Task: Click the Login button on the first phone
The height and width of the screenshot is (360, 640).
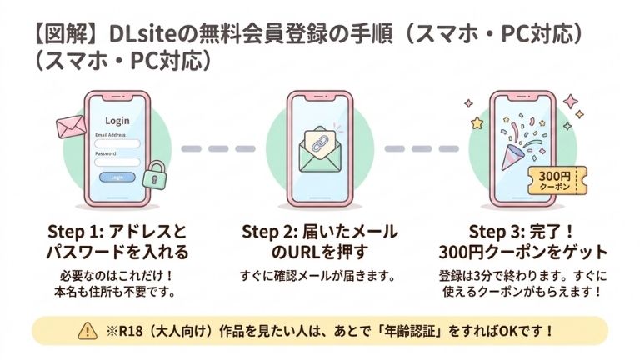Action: click(117, 177)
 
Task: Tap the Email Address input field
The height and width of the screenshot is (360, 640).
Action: click(117, 143)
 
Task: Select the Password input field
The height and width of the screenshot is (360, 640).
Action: click(117, 162)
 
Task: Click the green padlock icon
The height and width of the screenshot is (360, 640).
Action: click(155, 177)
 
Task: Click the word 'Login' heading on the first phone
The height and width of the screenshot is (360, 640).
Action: click(117, 121)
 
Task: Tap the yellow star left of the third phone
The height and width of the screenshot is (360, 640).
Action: click(477, 123)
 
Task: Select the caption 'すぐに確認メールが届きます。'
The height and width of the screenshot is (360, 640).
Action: click(319, 276)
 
